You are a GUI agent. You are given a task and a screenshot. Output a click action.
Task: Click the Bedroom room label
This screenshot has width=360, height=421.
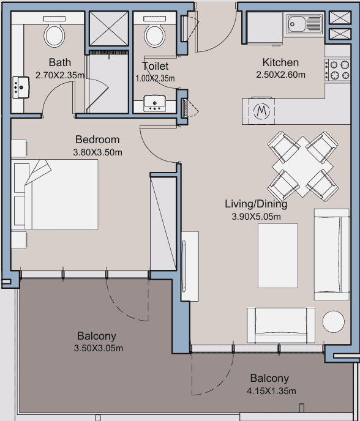pyautogui.click(x=97, y=140)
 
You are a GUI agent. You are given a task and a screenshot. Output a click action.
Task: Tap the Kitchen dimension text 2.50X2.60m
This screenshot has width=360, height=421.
pyautogui.click(x=281, y=75)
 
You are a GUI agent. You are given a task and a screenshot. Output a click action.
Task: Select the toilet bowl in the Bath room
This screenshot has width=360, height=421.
pyautogui.click(x=54, y=35)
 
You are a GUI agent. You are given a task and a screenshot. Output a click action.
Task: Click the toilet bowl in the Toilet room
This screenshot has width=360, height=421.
pyautogui.click(x=154, y=35)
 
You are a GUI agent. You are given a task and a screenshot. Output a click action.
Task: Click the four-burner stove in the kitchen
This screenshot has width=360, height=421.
pyautogui.click(x=338, y=70)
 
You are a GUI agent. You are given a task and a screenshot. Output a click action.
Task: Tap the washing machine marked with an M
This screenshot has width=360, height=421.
pyautogui.click(x=261, y=111)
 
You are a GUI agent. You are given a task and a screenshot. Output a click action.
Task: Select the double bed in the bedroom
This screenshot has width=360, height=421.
pyautogui.click(x=54, y=195)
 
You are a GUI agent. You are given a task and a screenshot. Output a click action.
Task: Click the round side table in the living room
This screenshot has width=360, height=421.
pyautogui.click(x=334, y=322)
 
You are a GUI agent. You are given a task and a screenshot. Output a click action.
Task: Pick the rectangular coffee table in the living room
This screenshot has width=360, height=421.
pyautogui.click(x=278, y=256)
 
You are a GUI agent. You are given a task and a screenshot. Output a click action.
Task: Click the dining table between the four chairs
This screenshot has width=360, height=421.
pyautogui.click(x=303, y=166)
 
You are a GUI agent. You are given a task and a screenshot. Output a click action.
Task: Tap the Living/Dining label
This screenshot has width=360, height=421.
pyautogui.click(x=256, y=204)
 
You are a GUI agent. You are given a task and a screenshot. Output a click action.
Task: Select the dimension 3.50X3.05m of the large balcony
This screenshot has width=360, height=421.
pyautogui.click(x=99, y=348)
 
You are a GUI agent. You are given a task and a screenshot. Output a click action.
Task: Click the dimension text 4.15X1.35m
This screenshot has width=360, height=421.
pyautogui.click(x=272, y=391)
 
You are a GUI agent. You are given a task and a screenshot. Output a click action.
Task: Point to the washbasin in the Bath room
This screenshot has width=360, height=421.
pyautogui.click(x=21, y=88)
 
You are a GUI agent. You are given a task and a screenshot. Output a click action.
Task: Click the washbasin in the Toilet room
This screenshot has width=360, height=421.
pyautogui.click(x=154, y=103)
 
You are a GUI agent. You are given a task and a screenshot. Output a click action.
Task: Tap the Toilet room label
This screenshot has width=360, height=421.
pyautogui.click(x=156, y=66)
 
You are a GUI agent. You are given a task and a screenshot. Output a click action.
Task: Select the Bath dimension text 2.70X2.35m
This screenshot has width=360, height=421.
pyautogui.click(x=60, y=75)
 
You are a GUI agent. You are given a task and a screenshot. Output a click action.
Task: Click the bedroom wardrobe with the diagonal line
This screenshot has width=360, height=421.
pyautogui.click(x=163, y=223)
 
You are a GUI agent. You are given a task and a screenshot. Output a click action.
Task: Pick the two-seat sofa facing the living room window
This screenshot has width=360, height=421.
pyautogui.click(x=281, y=325)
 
